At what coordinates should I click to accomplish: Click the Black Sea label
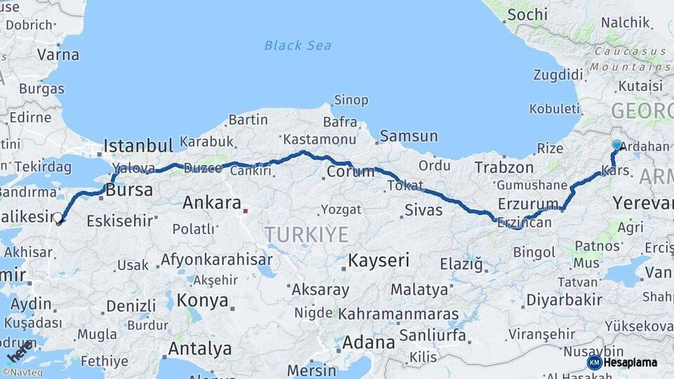click(297, 46)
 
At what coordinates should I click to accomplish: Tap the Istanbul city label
click(138, 146)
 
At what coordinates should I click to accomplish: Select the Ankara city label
click(212, 203)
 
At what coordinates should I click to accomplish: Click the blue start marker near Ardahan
click(616, 145)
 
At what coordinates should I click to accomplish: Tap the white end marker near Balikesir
click(58, 218)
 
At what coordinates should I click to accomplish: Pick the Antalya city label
click(200, 348)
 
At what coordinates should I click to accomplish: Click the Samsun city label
click(409, 136)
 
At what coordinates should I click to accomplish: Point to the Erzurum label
click(527, 203)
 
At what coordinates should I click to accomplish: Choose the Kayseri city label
click(378, 260)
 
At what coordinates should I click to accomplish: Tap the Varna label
click(58, 53)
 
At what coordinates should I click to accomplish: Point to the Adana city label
click(369, 343)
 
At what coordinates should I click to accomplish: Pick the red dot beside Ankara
click(245, 208)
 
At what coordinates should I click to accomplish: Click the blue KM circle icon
click(594, 362)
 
